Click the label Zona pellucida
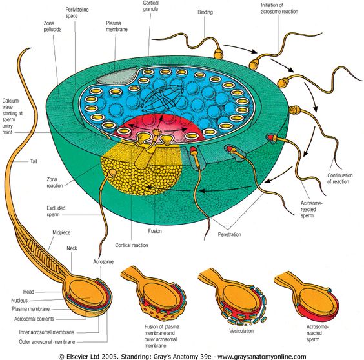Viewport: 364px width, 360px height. point(52,26)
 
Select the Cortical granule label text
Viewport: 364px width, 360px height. point(150,6)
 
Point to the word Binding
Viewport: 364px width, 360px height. point(205,12)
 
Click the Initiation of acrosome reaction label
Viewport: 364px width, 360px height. point(279,8)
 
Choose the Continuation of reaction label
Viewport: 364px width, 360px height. point(340,179)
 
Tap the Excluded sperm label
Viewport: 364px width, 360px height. point(56,211)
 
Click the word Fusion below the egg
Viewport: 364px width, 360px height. point(155,231)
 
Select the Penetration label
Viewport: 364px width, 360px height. point(229,234)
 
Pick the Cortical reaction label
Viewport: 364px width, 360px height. point(132,245)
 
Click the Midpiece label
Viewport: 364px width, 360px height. point(61,232)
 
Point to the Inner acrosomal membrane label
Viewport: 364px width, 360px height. point(46,332)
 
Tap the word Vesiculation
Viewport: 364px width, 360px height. point(241,331)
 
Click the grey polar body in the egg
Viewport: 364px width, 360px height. point(117,76)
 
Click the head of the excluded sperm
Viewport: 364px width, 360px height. point(112,173)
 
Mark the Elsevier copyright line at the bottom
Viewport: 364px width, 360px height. point(183,356)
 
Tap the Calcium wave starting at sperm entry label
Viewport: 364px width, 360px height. point(12,117)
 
